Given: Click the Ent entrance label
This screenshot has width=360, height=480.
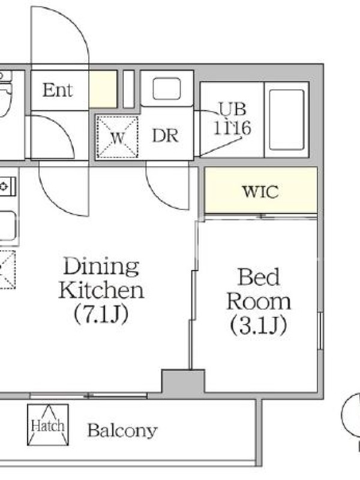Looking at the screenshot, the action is (57, 90).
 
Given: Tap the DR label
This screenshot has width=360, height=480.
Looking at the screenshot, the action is (165, 136).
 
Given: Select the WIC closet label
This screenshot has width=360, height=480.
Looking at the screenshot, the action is (260, 191).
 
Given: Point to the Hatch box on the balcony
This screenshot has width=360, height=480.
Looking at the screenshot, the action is (48, 425).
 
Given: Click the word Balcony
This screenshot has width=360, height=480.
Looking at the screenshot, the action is (122, 430).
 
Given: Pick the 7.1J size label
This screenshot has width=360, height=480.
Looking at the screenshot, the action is (101, 313).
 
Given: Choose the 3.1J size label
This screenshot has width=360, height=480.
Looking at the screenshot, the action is (259, 325).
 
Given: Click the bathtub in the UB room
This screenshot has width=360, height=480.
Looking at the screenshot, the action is (287, 119).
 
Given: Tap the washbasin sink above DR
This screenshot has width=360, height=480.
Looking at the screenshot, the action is (167, 89).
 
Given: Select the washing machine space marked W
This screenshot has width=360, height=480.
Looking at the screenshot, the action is (117, 137).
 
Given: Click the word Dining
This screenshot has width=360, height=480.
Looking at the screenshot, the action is (101, 267).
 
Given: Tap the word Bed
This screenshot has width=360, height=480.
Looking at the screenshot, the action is (259, 277).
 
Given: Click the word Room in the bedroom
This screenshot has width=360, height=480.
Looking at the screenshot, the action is (259, 301).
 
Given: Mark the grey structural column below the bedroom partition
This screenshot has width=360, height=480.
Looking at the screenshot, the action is (183, 382).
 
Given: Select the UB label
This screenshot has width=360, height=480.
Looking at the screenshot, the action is (232, 109).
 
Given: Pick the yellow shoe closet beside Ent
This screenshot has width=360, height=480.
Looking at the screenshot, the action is (103, 89).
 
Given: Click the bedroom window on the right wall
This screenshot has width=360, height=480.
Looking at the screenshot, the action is (320, 331).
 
